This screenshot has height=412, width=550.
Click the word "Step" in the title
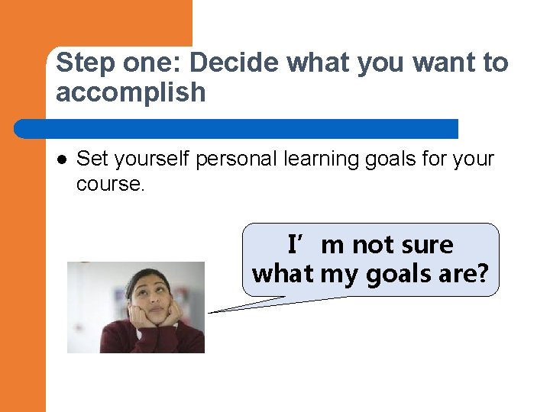point(80,63)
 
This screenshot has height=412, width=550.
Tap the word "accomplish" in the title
point(131,92)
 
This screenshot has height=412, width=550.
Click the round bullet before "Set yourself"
point(61,159)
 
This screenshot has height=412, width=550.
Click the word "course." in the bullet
point(110,184)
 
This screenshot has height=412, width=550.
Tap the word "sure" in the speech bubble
point(423,245)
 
